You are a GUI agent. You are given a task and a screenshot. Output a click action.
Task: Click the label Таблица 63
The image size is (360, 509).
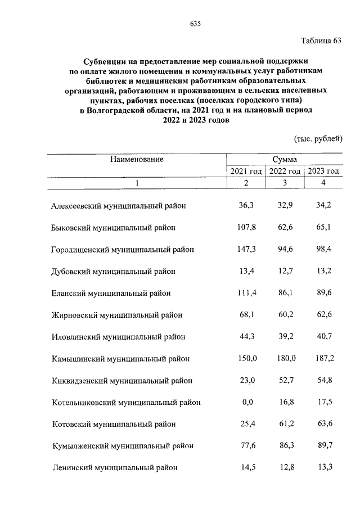pos(321,41)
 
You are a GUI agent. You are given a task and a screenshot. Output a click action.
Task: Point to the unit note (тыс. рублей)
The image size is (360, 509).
pos(318,138)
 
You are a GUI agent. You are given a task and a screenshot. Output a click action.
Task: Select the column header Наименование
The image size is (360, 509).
pos(137,159)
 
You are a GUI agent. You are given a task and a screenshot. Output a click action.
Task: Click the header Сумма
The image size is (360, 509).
pos(284,160)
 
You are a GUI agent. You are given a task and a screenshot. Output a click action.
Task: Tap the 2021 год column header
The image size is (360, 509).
pos(246,171)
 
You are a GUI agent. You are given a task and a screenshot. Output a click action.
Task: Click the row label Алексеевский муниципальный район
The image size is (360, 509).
pos(118,206)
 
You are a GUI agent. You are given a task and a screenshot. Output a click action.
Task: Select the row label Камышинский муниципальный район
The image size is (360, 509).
pos(120,358)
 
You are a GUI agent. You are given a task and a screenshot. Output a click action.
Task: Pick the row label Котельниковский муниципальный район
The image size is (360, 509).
pos(125,402)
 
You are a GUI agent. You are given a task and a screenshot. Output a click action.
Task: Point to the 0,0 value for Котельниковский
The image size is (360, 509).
pos(246,402)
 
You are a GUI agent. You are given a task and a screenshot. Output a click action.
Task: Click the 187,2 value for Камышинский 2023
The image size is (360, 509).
pos(323,358)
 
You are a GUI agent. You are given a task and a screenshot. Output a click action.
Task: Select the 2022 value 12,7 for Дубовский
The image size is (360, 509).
pos(285,271)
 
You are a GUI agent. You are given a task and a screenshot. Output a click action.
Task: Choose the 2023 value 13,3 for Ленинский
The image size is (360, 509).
pos(323,467)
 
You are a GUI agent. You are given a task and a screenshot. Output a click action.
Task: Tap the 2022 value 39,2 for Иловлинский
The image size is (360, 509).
pos(285,337)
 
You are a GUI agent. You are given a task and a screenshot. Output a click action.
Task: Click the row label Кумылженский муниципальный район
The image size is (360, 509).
pos(122,445)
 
